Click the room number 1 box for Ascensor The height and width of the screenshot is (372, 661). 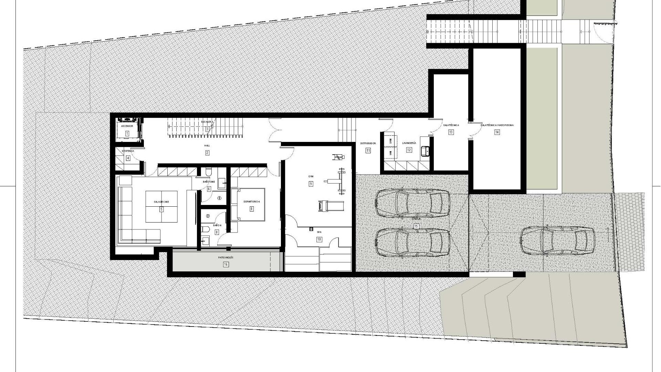(127, 133)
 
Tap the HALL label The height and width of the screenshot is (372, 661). (207, 146)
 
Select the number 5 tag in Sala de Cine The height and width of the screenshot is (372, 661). (161, 209)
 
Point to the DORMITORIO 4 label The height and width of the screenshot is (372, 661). (251, 202)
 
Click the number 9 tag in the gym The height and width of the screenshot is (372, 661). (311, 184)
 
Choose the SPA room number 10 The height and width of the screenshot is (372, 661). (319, 239)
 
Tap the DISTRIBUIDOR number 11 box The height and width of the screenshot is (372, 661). (368, 150)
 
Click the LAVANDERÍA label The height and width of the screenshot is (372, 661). (409, 143)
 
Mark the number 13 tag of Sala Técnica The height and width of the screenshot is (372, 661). (451, 132)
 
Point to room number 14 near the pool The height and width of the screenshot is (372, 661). (497, 132)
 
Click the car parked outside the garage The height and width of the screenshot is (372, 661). (557, 240)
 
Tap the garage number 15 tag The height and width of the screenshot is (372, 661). (416, 226)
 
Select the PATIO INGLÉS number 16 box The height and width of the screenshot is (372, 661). (226, 265)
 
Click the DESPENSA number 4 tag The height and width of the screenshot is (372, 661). (128, 158)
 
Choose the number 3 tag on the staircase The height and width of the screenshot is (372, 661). (207, 129)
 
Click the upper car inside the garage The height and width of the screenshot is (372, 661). (412, 204)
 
